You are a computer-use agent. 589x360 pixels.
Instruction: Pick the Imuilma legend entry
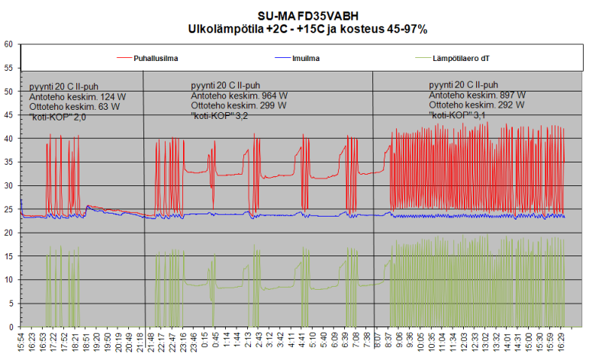(304, 58)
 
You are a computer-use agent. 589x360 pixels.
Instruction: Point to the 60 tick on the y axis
(10, 44)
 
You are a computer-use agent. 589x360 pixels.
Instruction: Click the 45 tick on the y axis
(10, 115)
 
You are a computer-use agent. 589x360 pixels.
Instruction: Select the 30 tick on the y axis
(10, 186)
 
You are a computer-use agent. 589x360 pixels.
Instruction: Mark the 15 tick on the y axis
(10, 256)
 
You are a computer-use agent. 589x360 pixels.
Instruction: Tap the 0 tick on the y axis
(12, 327)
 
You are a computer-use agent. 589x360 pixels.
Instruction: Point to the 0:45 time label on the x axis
(215, 341)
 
